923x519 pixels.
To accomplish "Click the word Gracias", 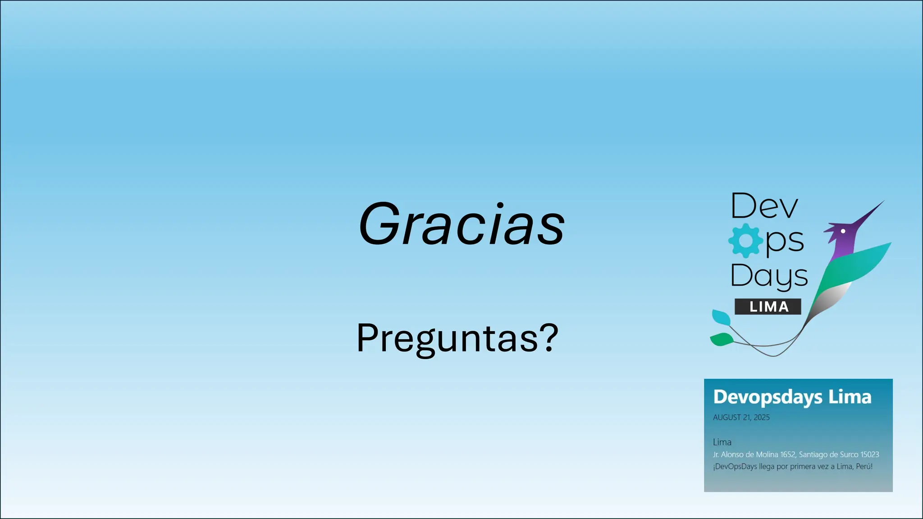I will [461, 224].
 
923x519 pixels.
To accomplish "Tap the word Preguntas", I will [447, 338].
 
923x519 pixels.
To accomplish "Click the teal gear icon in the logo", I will [745, 241].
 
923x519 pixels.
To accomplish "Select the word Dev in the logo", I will [764, 206].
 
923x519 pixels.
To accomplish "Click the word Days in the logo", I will [769, 276].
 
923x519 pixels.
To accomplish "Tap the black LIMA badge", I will [768, 307].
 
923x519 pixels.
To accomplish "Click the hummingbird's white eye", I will [843, 231].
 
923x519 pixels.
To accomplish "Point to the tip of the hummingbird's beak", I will [884, 201].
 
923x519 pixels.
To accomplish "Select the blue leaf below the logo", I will [721, 317].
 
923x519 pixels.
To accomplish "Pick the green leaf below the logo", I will [722, 339].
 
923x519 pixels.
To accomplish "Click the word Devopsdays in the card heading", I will [768, 397].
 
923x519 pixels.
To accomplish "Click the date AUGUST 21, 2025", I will [741, 418].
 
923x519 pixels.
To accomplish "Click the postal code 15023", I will [869, 455].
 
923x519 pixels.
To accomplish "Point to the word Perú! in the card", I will [864, 467].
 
